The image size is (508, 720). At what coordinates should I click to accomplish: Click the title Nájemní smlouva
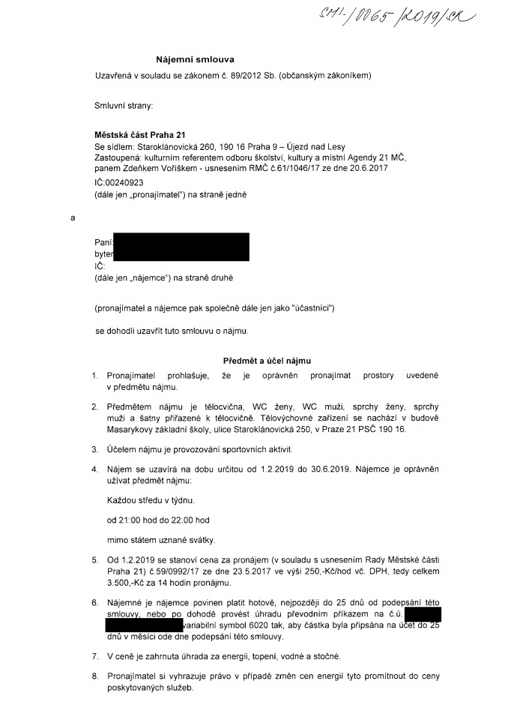coord(190,58)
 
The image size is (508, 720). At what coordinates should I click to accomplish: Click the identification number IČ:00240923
coord(119,182)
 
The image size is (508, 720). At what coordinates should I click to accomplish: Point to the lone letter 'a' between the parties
coord(73,218)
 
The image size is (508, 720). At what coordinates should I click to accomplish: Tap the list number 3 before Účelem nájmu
coord(94,449)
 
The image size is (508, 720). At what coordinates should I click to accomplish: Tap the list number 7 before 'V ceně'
coord(94,655)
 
